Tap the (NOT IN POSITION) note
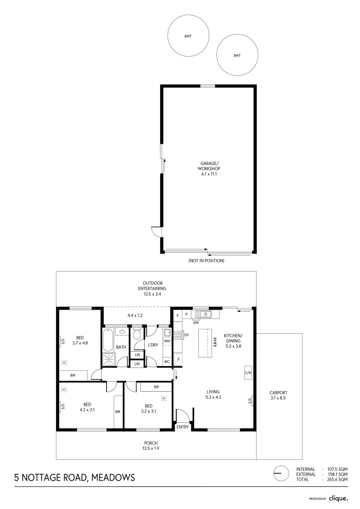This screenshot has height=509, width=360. tap(206, 261)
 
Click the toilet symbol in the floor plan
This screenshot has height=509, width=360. tap(137, 334)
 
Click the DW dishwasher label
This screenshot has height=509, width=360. tap(196, 323)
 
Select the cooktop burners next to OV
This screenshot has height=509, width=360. tap(178, 335)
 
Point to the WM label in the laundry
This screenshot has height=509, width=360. tap(167, 340)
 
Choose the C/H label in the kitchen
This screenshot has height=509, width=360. tap(247, 372)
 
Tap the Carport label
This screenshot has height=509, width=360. tap(278, 395)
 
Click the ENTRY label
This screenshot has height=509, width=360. tap(182, 427)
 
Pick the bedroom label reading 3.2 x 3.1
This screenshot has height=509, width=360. tap(148, 408)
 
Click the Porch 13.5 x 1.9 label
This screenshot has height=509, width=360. tap(151, 445)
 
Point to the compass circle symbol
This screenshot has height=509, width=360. tap(280, 474)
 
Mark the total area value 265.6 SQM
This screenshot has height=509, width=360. tap(335, 479)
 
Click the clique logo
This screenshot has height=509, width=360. tap(338, 498)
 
